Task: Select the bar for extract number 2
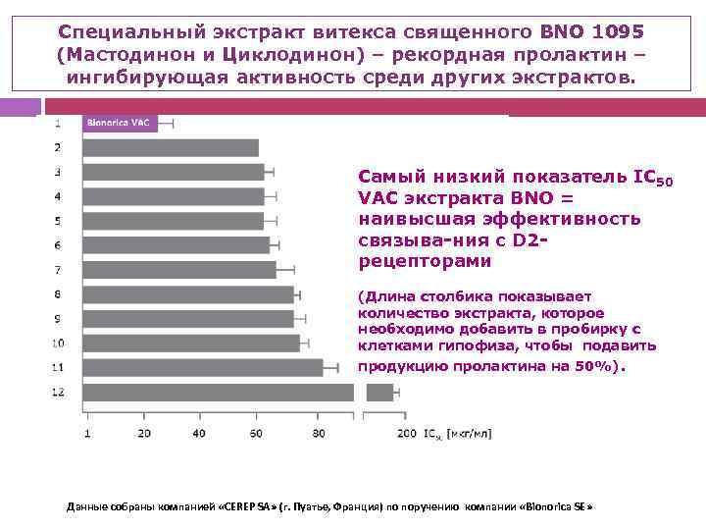tap(171, 148)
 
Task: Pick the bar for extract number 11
tap(203, 367)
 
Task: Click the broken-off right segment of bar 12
tap(379, 393)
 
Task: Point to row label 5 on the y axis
tap(58, 221)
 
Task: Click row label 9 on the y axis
tap(58, 318)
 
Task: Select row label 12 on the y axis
tap(58, 392)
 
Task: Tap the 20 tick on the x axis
tap(144, 433)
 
